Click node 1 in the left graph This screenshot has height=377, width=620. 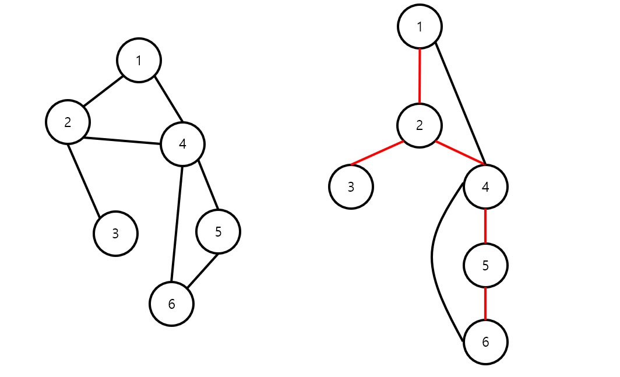click(139, 60)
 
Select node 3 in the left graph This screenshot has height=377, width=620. click(115, 233)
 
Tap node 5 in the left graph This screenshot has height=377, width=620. click(218, 231)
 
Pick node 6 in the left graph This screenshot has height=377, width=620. click(171, 304)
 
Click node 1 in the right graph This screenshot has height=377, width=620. click(420, 26)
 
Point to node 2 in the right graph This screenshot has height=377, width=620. click(420, 125)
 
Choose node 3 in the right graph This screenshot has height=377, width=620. click(351, 186)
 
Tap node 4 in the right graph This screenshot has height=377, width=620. click(485, 186)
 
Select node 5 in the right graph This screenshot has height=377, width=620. click(485, 265)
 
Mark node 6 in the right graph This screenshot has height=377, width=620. click(485, 342)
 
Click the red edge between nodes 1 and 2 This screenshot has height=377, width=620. click(420, 76)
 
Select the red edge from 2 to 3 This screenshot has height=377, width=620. click(377, 153)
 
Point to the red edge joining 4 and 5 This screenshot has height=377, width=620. click(485, 226)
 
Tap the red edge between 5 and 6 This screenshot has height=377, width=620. click(485, 304)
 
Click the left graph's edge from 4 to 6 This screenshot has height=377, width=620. click(177, 224)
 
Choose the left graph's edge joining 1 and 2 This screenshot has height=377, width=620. click(103, 91)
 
